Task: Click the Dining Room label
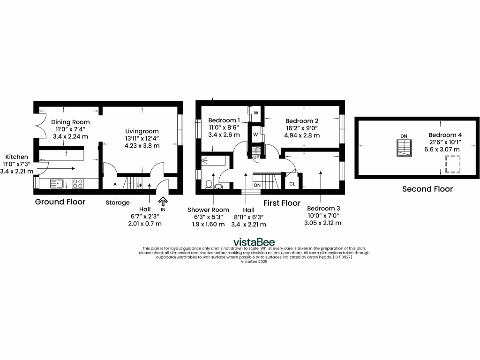[70, 122]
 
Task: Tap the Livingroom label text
[142, 131]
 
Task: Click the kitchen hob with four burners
[78, 184]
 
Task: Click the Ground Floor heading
[60, 202]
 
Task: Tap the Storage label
[117, 202]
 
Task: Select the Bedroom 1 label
[224, 120]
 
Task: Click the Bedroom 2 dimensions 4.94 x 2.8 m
[302, 135]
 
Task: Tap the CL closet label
[292, 184]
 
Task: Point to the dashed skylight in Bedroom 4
[452, 165]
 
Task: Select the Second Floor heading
[427, 189]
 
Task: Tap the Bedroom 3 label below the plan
[323, 208]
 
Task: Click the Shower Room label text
[208, 210]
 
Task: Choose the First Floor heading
[281, 203]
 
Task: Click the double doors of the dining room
[39, 125]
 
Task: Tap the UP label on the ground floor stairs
[139, 186]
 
